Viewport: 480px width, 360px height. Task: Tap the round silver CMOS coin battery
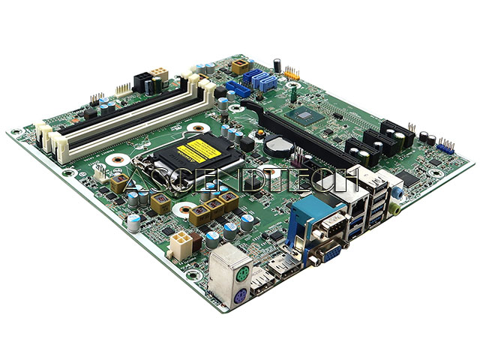274,143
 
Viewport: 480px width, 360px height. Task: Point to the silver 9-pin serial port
331,226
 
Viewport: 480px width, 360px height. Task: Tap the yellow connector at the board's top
240,67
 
